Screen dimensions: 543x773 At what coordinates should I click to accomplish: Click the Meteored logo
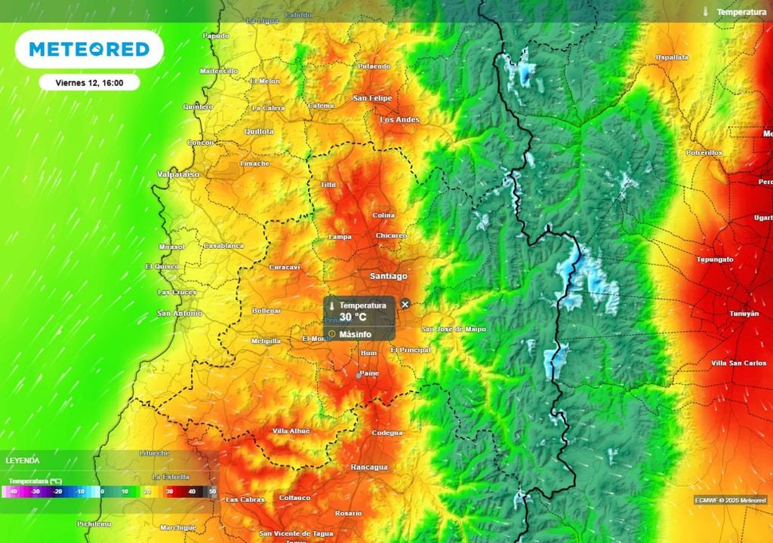point(89,50)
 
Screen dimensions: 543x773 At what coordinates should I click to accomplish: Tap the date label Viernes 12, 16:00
point(90,83)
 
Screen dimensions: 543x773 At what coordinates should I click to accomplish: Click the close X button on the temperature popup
point(405,304)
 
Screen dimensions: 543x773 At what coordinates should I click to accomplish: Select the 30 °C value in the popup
point(353,318)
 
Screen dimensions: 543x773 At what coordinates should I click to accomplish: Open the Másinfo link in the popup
point(355,334)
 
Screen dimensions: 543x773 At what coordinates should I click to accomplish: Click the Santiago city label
point(388,276)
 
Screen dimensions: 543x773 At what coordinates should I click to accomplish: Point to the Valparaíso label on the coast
point(179,174)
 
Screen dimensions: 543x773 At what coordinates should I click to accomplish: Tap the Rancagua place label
point(369,468)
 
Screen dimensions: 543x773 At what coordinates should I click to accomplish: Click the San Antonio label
point(180,313)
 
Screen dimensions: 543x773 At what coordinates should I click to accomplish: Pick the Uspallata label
point(672,57)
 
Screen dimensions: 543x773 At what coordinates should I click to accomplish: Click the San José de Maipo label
point(454,329)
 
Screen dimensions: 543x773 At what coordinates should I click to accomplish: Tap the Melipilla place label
point(266,341)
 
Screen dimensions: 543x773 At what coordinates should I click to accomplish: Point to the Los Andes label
point(399,120)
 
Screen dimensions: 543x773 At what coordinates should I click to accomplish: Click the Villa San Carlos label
point(739,363)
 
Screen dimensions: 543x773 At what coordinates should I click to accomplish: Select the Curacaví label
point(285,267)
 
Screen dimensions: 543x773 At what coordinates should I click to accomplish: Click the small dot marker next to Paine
point(359,374)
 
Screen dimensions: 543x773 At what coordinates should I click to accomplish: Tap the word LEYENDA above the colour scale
point(23,460)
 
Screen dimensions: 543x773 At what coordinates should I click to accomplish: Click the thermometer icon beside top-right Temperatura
point(705,12)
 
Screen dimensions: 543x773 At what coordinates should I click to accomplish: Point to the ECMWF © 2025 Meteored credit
point(730,500)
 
